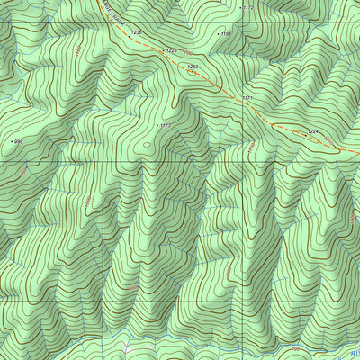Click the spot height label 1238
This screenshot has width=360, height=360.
[137, 32]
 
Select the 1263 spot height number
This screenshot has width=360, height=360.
[193, 66]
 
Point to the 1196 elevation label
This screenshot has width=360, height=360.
[227, 34]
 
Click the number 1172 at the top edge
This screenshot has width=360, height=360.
[249, 7]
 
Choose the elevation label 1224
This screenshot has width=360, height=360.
[313, 132]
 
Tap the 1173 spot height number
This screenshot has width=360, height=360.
[166, 126]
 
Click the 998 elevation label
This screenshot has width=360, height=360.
[18, 142]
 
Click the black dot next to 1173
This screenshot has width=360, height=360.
[157, 125]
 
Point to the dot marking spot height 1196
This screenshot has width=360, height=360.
[218, 34]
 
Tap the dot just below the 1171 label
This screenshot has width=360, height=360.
[247, 103]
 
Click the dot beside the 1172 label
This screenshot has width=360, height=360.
[240, 7]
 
